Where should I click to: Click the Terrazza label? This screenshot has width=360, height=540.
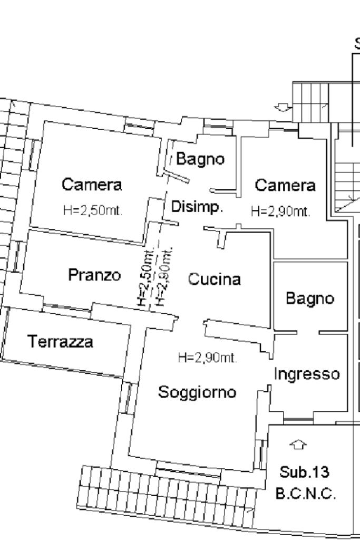pyautogui.click(x=60, y=342)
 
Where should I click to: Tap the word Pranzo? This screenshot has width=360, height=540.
pyautogui.click(x=95, y=275)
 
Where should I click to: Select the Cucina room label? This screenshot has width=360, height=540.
pyautogui.click(x=215, y=279)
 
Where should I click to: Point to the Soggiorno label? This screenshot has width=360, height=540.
pyautogui.click(x=197, y=392)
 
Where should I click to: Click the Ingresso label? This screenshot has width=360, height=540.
pyautogui.click(x=307, y=374)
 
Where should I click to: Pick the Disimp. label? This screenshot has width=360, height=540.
pyautogui.click(x=197, y=207)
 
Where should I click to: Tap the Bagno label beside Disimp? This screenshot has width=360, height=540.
pyautogui.click(x=200, y=159)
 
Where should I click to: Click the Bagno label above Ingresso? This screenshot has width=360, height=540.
pyautogui.click(x=310, y=298)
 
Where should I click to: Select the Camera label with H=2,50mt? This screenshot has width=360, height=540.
pyautogui.click(x=92, y=184)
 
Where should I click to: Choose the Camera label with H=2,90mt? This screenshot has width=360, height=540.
pyautogui.click(x=285, y=185)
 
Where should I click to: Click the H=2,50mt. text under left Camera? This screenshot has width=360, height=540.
pyautogui.click(x=93, y=210)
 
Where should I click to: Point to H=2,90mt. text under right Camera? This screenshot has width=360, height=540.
pyautogui.click(x=280, y=211)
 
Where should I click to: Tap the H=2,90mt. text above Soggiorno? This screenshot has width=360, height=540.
pyautogui.click(x=208, y=358)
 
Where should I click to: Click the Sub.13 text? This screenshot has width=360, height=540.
pyautogui.click(x=304, y=472)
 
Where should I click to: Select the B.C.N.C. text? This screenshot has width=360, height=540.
pyautogui.click(x=306, y=494)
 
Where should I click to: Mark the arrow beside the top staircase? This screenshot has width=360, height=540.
pyautogui.click(x=283, y=108)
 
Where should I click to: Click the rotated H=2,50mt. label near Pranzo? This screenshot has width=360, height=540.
pyautogui.click(x=145, y=277)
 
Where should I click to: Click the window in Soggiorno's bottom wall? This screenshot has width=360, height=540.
pyautogui.click(x=188, y=469)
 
